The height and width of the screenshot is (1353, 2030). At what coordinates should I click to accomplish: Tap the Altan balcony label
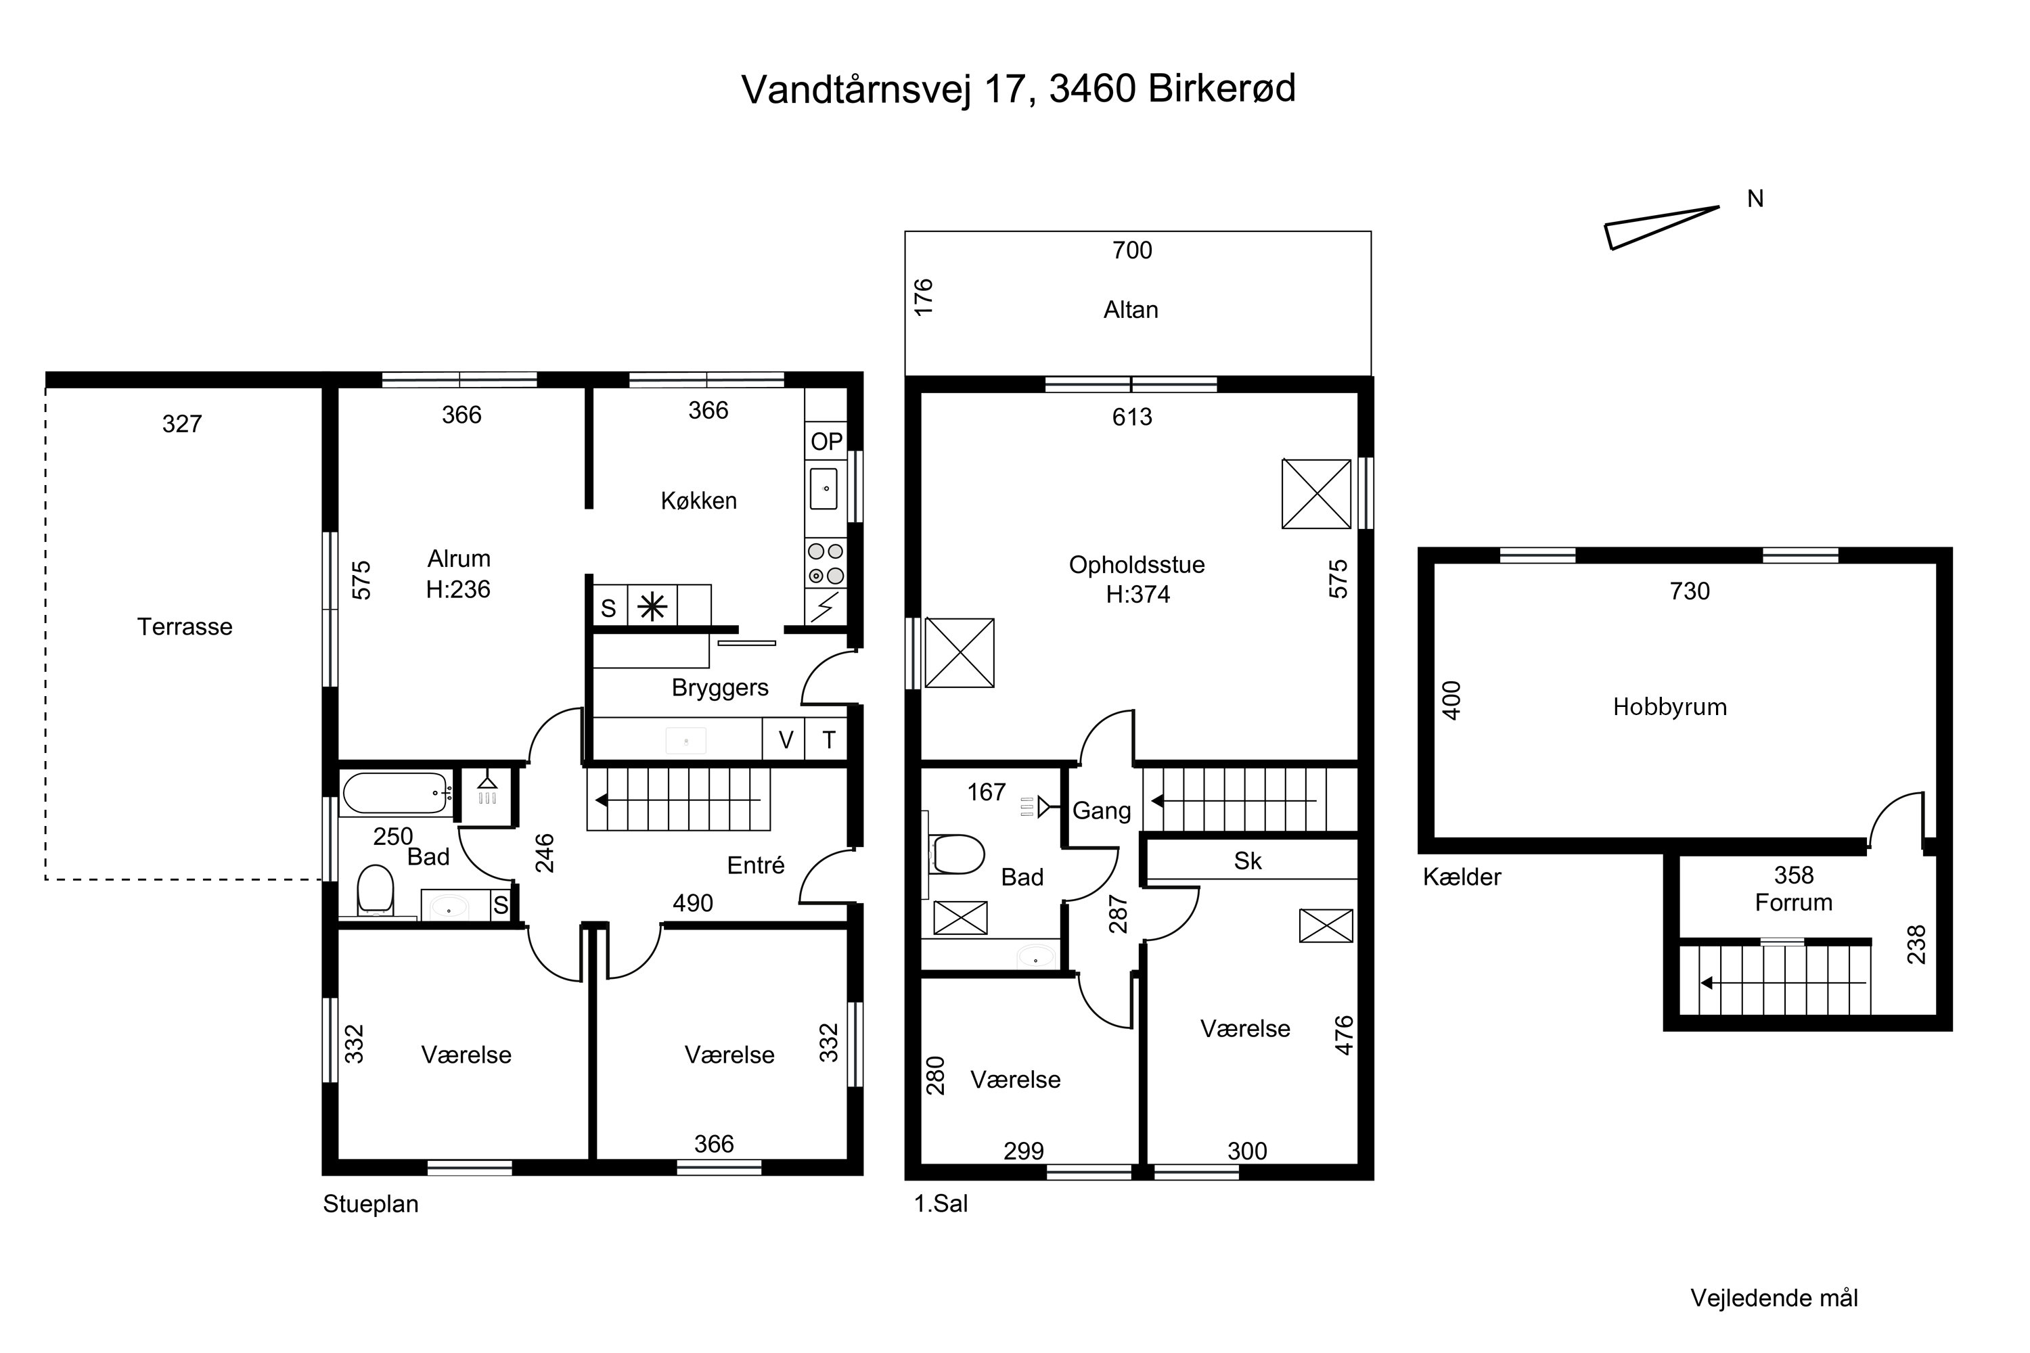pyautogui.click(x=1131, y=310)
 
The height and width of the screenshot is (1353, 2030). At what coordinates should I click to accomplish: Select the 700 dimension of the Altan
pyautogui.click(x=1132, y=250)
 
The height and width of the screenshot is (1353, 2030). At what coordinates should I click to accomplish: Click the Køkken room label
pyautogui.click(x=699, y=501)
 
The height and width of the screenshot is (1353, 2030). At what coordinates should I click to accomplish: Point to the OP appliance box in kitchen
pyautogui.click(x=826, y=442)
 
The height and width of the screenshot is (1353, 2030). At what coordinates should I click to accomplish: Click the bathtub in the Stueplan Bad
pyautogui.click(x=396, y=794)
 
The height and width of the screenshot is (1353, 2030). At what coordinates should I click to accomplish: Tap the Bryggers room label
pyautogui.click(x=720, y=688)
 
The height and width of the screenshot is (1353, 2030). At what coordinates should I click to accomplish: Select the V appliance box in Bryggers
pyautogui.click(x=784, y=739)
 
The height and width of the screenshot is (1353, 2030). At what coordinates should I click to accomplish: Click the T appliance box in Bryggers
pyautogui.click(x=827, y=739)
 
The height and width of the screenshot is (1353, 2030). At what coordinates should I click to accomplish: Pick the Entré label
pyautogui.click(x=756, y=865)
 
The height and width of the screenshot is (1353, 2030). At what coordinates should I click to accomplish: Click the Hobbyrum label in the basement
pyautogui.click(x=1670, y=708)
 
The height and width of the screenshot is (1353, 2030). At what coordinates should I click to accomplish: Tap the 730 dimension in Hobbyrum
pyautogui.click(x=1689, y=591)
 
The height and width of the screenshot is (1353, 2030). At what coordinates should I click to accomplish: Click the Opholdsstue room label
pyautogui.click(x=1137, y=565)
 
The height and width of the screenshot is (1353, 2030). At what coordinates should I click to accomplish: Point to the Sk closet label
pyautogui.click(x=1248, y=861)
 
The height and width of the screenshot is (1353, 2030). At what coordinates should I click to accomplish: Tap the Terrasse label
pyautogui.click(x=185, y=626)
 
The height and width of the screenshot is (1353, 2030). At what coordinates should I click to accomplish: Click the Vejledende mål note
pyautogui.click(x=1774, y=1298)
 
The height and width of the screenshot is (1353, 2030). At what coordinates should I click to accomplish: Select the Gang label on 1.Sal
pyautogui.click(x=1102, y=811)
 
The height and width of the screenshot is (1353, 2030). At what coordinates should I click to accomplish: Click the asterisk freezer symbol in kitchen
pyautogui.click(x=652, y=608)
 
